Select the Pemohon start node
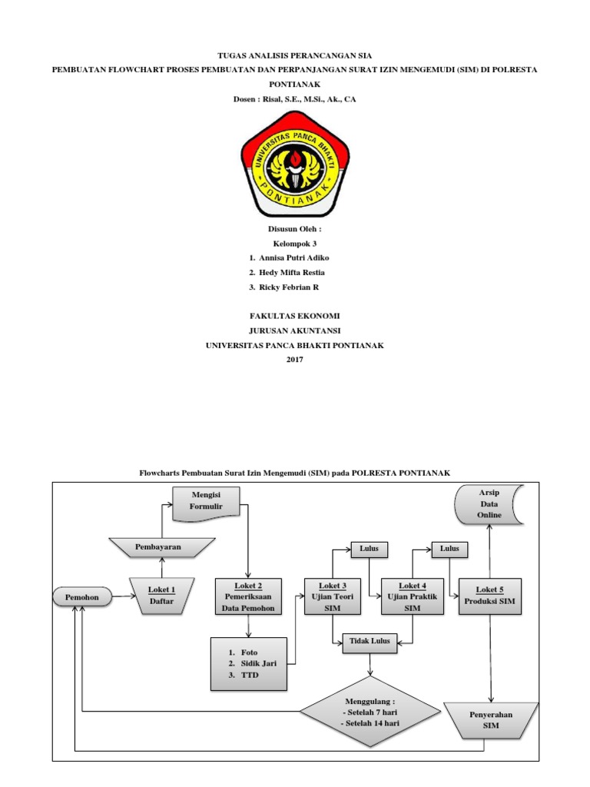pos(81,596)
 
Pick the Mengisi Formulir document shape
pos(205,502)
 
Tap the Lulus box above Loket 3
pos(370,549)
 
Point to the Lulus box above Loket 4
pos(449,549)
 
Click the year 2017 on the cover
pos(295,359)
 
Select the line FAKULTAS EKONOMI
pos(295,316)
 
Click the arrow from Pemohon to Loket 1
pos(124,596)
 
